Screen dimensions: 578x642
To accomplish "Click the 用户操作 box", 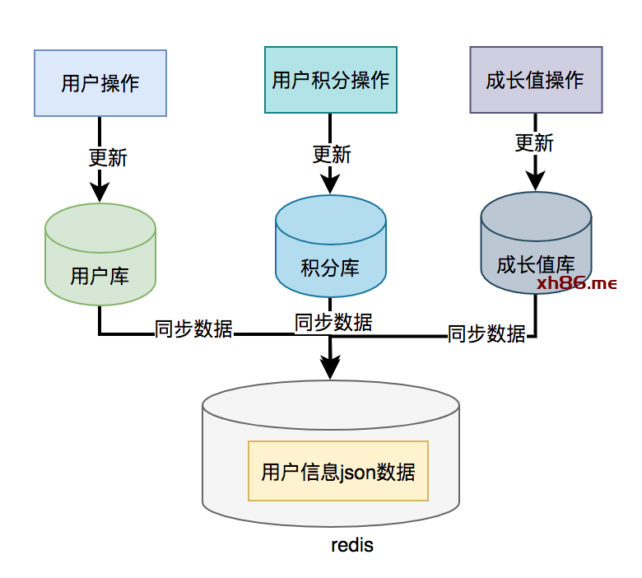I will point(100,83).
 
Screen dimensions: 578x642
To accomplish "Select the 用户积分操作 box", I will point(330,80).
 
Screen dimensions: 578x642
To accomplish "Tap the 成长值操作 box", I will point(535,80).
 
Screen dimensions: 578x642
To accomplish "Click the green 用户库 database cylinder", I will point(100,255).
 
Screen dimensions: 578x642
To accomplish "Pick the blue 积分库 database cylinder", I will point(330,247).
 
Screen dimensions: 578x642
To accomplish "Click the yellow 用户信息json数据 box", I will point(338,471).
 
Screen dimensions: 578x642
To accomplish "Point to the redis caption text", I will point(352,545).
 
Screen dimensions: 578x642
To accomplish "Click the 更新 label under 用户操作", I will point(108,156).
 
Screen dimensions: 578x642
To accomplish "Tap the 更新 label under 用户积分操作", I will point(332,154).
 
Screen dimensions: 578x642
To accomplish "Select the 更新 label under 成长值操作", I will point(534,142).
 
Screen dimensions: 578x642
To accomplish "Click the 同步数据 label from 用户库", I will point(194,330).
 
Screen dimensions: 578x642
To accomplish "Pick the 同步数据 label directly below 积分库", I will point(333,322).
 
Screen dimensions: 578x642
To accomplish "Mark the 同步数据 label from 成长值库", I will point(486,333).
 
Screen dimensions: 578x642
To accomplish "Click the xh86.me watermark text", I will point(576,284).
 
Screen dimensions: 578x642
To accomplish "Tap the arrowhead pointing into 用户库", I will point(100,193).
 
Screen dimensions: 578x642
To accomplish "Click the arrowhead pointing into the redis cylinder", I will point(330,369).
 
